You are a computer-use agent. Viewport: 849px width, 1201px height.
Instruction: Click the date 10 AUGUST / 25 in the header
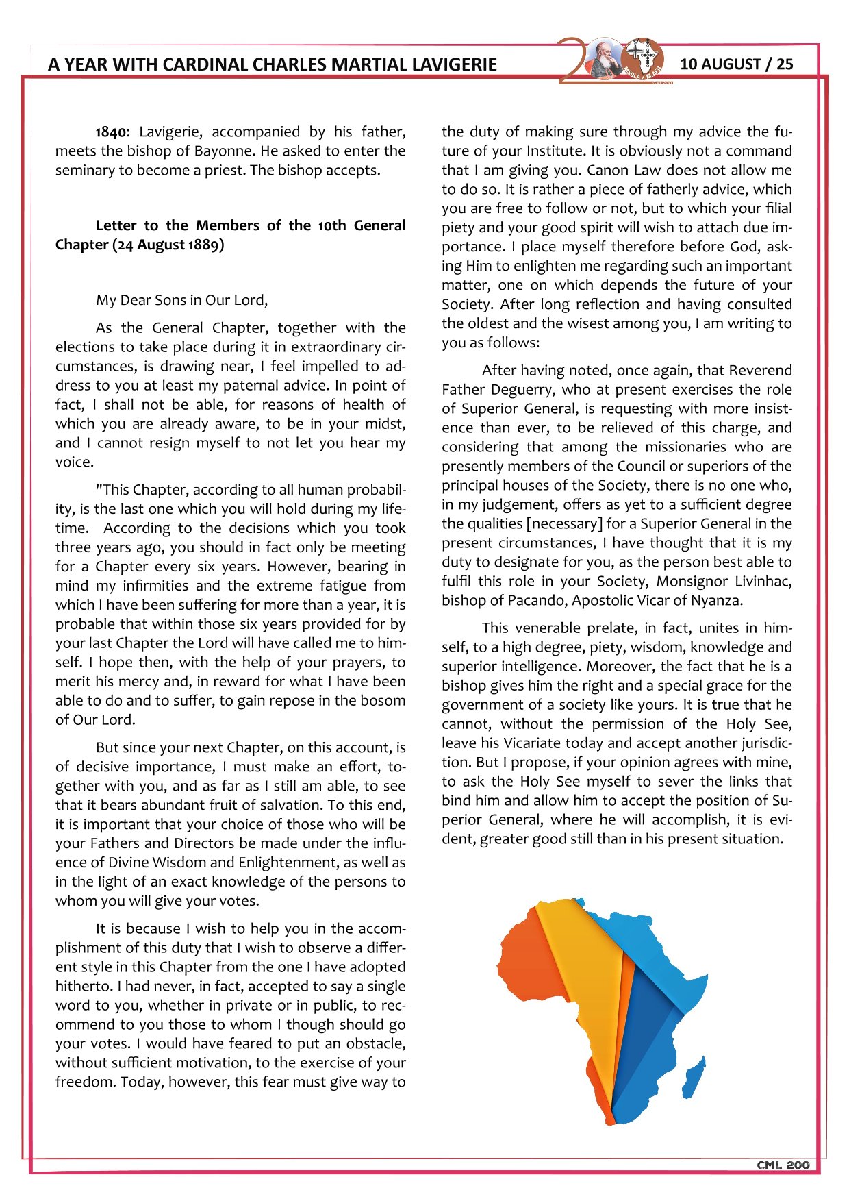click(x=736, y=64)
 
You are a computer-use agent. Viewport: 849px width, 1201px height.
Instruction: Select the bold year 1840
click(x=111, y=132)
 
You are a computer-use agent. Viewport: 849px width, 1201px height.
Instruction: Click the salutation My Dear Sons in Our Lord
click(x=181, y=300)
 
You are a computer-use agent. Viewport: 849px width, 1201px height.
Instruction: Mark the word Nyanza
click(x=716, y=601)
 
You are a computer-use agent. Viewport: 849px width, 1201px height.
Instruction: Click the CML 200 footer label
click(x=783, y=1165)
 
